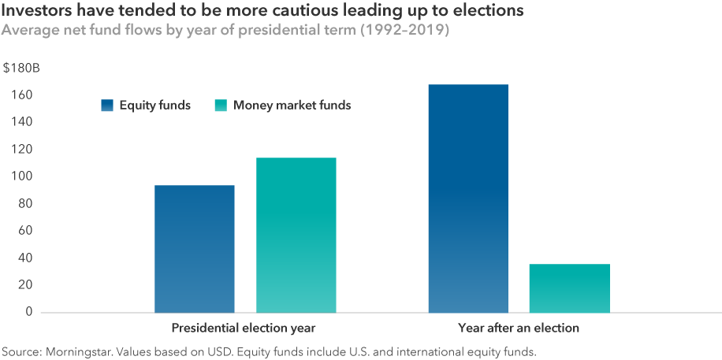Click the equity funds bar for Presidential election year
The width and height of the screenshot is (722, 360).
click(194, 249)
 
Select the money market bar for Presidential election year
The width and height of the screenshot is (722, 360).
click(296, 235)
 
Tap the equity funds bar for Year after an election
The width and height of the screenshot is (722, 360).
click(468, 199)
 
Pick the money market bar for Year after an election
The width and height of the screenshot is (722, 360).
click(569, 288)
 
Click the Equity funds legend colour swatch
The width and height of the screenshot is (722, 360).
click(108, 106)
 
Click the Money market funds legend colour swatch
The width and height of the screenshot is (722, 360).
click(221, 106)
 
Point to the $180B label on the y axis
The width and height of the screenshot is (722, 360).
click(21, 69)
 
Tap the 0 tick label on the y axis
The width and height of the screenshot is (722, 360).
click(29, 312)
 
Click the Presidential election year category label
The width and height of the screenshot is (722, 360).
click(244, 328)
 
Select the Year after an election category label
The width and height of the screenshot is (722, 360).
click(519, 328)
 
